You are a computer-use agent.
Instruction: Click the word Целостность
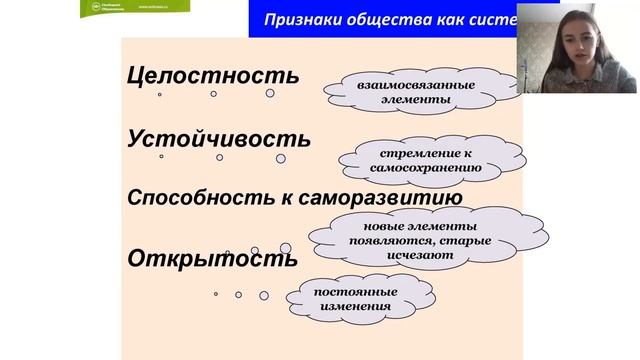(x=213, y=76)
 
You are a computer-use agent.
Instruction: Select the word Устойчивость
(x=219, y=139)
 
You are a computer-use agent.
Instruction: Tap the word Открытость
(x=212, y=258)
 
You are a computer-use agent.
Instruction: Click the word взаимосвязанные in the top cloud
(x=390, y=85)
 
